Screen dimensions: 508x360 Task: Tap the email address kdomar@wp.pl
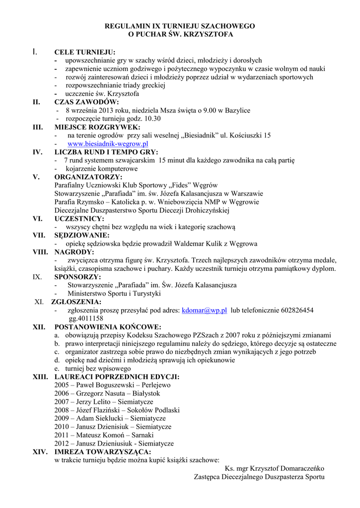(x=205, y=310)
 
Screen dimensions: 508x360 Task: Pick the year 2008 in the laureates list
(x=62, y=410)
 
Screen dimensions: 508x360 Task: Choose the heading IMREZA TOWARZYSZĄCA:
(x=103, y=452)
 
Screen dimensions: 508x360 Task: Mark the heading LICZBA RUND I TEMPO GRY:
(x=106, y=152)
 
